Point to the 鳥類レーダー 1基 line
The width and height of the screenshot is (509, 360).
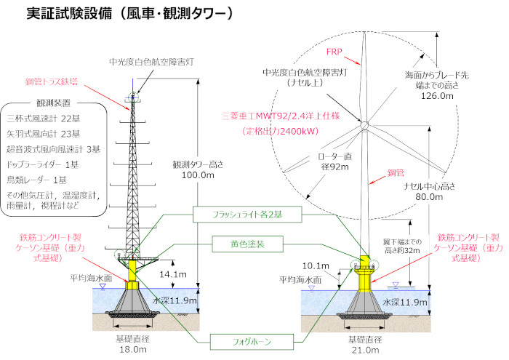41,180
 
